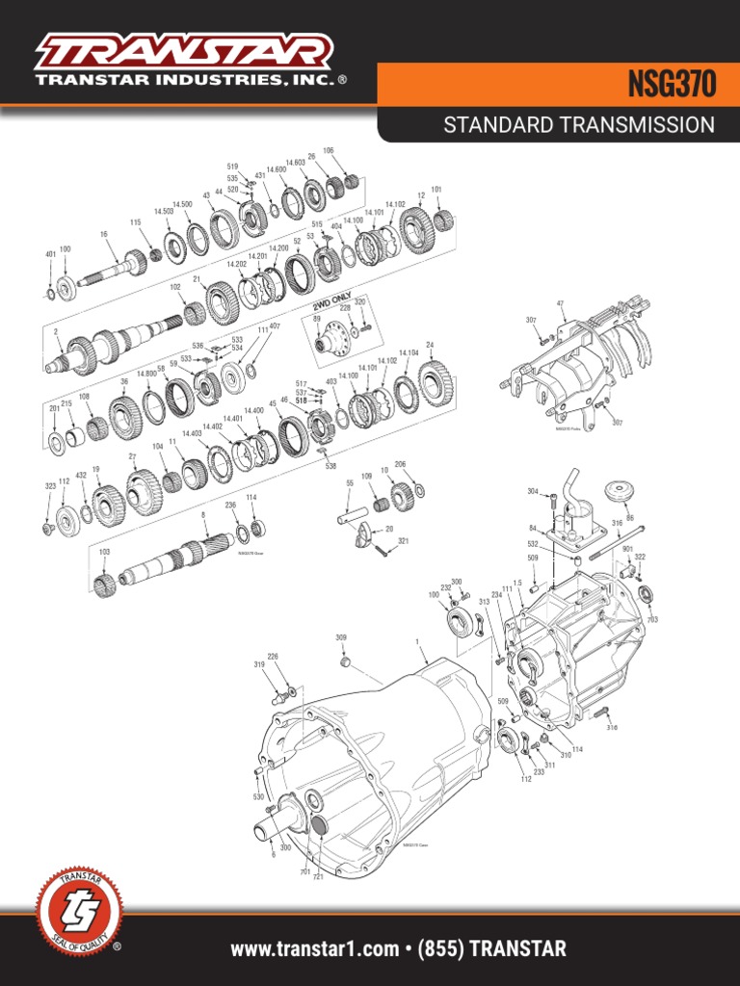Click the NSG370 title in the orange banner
tap(673, 86)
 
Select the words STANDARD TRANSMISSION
tap(578, 125)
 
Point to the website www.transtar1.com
tap(314, 949)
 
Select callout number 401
tap(50, 254)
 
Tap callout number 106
tap(329, 151)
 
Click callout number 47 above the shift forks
tap(560, 303)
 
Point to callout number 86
tap(631, 518)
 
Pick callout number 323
tap(50, 487)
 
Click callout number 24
tap(430, 345)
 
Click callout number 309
tap(340, 637)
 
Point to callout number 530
tap(258, 798)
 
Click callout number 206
tap(400, 464)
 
